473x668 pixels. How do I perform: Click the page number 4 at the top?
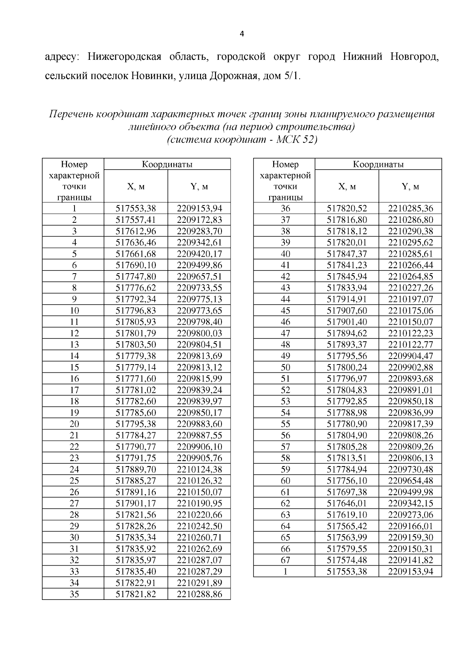coord(242,34)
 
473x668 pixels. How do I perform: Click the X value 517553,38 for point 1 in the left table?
coord(136,208)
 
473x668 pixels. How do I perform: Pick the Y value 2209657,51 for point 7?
coord(199,276)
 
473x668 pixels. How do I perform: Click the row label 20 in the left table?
coord(74,424)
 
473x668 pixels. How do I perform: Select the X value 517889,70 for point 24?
coord(136,469)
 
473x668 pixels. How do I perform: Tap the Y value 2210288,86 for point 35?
coord(199,594)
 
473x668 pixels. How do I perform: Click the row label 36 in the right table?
coord(285,208)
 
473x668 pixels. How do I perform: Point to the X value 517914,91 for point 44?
coord(347,299)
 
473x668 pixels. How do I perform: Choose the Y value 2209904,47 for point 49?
coord(410,356)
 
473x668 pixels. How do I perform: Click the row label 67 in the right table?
coord(285,560)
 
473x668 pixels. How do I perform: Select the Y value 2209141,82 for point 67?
coord(410,560)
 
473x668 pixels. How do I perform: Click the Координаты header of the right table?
coord(378,164)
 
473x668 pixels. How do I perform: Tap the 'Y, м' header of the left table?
coord(199,187)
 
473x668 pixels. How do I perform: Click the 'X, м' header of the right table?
coord(347,187)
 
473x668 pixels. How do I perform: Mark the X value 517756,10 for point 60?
coord(347,481)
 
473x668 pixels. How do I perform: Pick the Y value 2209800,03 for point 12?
coord(199,333)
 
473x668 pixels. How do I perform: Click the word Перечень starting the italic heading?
coord(71,115)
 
